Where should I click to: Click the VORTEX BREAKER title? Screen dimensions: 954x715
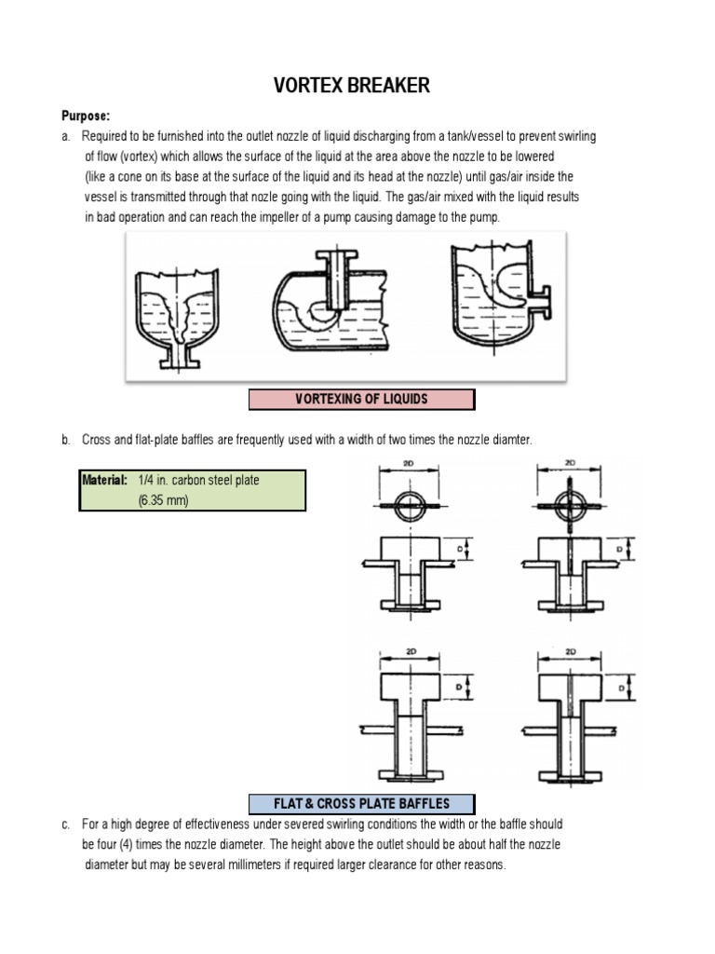(x=351, y=87)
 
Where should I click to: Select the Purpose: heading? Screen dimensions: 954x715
(x=86, y=116)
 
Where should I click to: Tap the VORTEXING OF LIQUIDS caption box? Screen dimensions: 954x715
(x=361, y=400)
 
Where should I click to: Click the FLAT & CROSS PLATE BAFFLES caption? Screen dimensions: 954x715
(x=361, y=803)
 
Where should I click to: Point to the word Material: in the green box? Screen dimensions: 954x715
(x=104, y=481)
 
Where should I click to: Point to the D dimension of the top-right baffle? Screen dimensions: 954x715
(x=620, y=551)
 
